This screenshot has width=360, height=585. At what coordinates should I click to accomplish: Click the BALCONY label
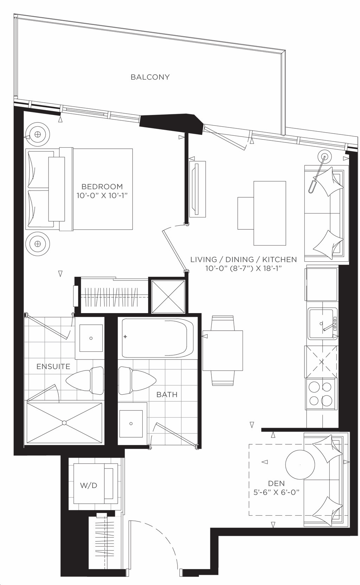click(x=150, y=77)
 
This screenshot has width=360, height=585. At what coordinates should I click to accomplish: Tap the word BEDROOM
click(x=102, y=186)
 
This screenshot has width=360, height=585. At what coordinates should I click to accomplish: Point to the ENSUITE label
click(x=53, y=367)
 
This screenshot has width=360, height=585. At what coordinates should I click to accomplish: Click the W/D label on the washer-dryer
click(x=89, y=485)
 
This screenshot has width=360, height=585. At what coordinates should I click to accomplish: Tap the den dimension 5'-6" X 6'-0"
click(x=276, y=492)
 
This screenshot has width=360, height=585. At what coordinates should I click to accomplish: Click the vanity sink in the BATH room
click(x=131, y=424)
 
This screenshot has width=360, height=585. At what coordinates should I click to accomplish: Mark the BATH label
click(x=167, y=395)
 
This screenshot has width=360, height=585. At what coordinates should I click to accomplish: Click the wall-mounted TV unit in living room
click(x=197, y=189)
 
